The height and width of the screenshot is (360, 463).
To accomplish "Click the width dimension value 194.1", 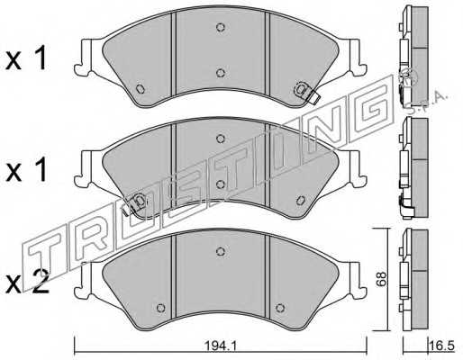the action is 221,346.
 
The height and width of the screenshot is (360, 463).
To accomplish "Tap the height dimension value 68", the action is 381,279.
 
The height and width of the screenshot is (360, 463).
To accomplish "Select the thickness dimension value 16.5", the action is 443,346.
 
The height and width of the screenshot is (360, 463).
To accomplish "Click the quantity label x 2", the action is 28,282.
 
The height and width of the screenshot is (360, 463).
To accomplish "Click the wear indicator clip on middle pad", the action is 136,203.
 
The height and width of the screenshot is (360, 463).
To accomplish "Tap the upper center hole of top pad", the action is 221,27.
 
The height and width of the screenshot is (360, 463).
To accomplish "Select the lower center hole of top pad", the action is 221,73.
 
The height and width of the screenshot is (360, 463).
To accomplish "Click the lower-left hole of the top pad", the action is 140,89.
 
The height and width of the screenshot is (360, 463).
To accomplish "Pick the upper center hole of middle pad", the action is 221,139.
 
